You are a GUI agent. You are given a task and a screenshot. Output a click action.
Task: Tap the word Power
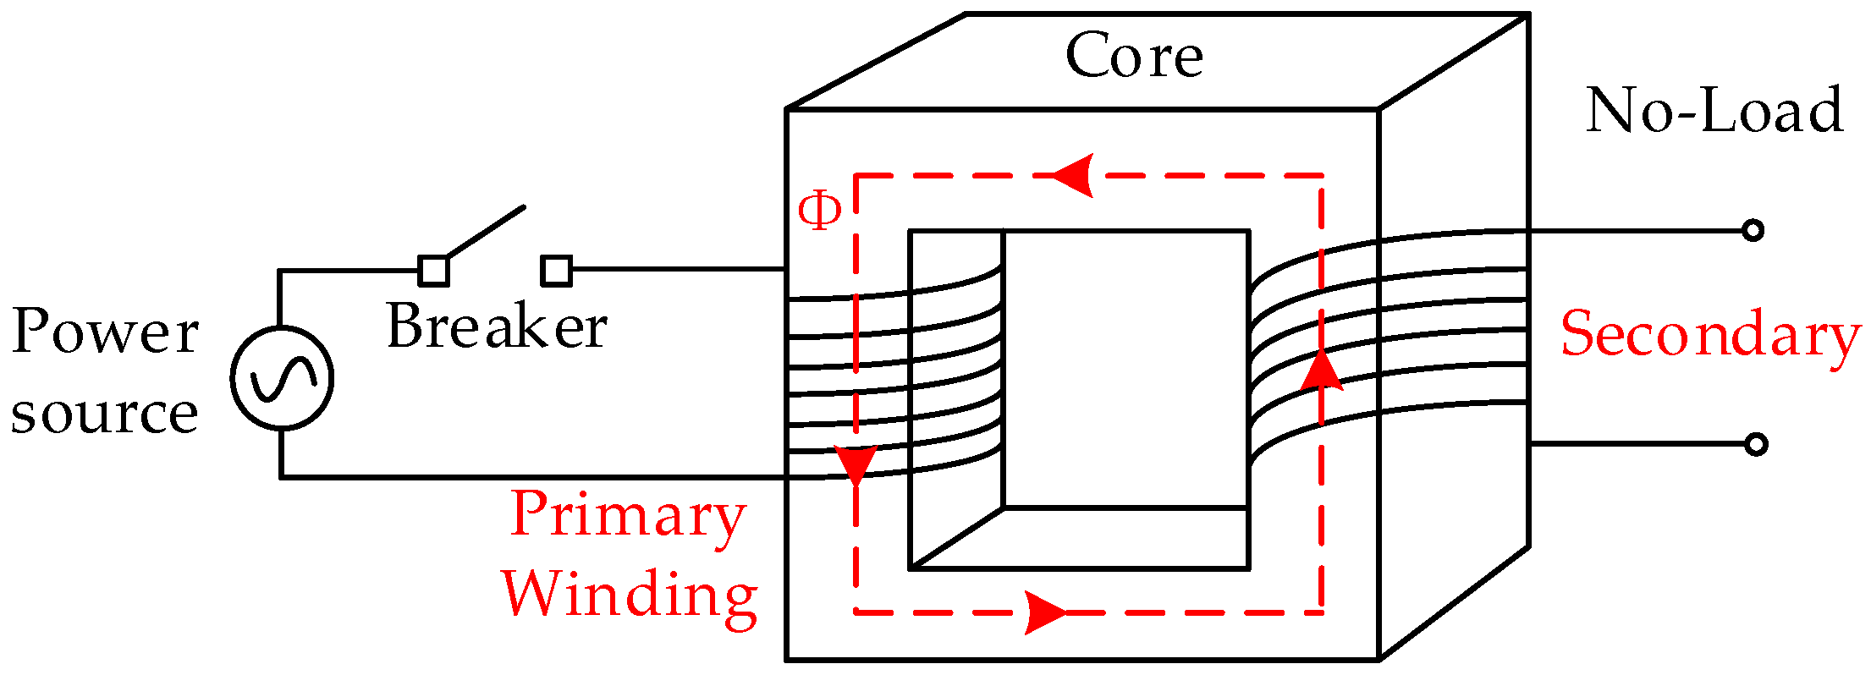pos(105,332)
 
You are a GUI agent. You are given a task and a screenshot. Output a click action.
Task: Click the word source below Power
pos(105,414)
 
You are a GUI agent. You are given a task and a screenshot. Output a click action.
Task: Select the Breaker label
pos(497,327)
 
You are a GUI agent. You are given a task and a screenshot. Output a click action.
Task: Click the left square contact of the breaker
pos(434,271)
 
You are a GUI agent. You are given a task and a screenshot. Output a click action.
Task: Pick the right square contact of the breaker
pos(556,271)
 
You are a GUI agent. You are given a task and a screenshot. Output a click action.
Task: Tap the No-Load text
pos(1714,111)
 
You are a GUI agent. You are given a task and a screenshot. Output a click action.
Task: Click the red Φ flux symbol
pos(819,211)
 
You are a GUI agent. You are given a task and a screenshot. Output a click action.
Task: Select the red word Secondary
pos(1709,334)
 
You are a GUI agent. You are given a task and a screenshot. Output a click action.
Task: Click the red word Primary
pos(628,515)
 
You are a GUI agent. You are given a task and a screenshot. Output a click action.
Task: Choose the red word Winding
pos(630,595)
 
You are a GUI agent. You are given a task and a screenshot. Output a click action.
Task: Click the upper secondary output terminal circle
pos(1753,230)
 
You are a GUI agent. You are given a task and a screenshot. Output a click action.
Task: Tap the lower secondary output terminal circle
pos(1756,444)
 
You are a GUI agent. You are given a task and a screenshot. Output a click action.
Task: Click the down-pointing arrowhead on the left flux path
pos(856,465)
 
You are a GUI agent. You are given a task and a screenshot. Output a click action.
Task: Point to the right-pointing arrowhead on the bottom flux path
pos(1046,612)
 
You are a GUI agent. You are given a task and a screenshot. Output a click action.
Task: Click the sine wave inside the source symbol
pos(282,377)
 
